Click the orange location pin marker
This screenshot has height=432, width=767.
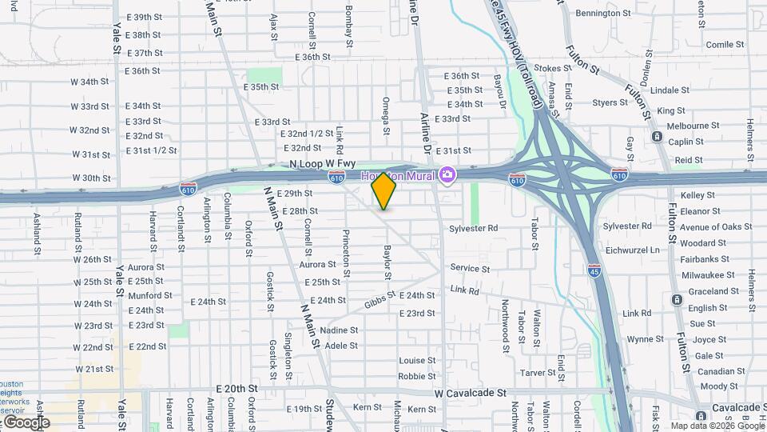tap(383, 191)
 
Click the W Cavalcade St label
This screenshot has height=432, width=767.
tap(471, 394)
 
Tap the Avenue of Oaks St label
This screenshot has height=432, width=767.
tap(716, 227)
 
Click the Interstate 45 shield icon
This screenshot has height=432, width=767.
tap(594, 271)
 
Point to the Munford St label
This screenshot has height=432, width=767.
tap(145, 296)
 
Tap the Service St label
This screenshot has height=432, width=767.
tap(470, 269)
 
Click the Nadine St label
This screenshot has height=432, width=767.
tap(340, 330)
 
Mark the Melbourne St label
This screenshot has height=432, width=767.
tap(693, 126)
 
